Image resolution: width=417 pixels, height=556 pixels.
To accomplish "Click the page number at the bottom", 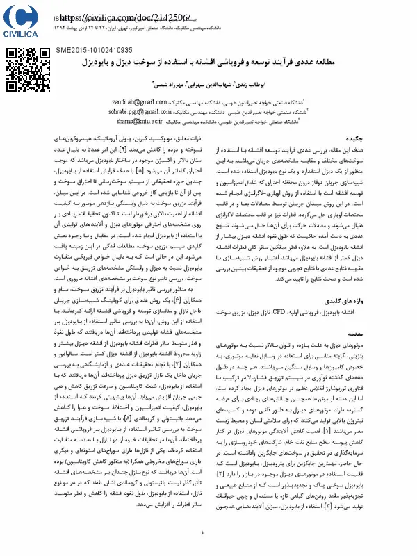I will [x=203, y=534].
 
